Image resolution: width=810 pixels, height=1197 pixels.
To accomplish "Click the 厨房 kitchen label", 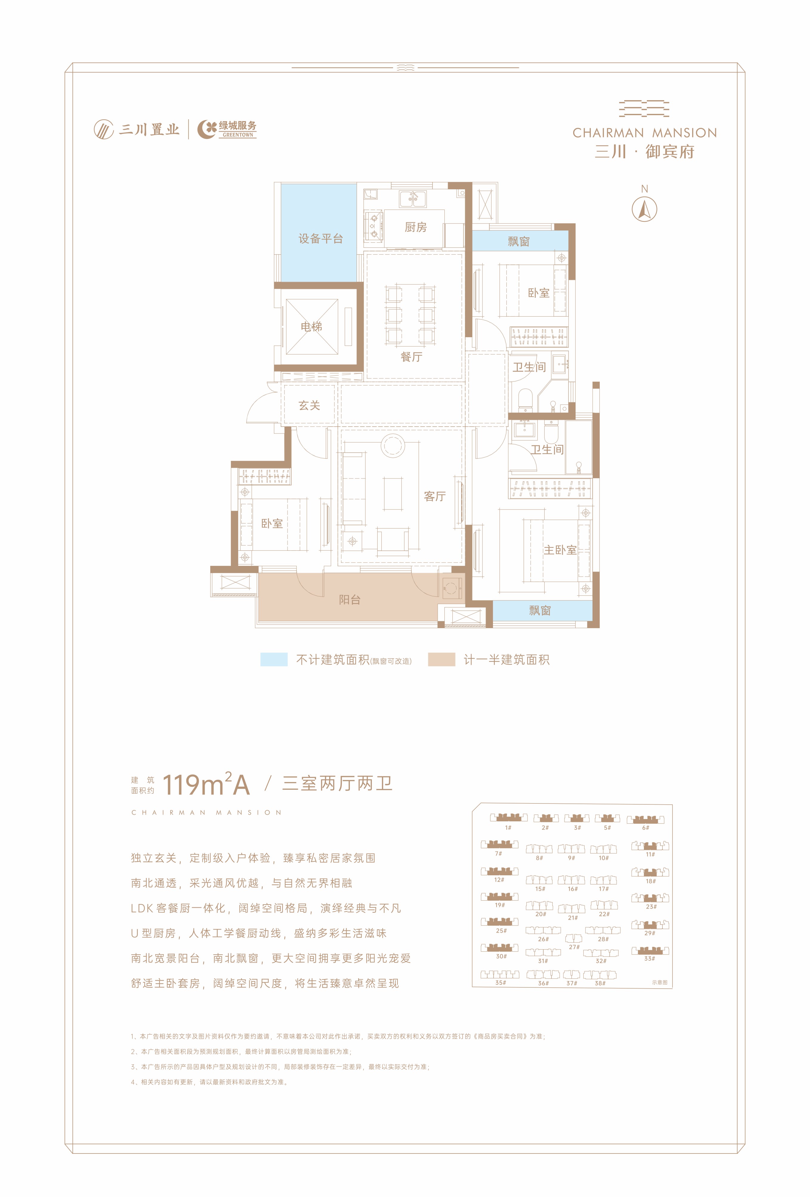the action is pos(415,227).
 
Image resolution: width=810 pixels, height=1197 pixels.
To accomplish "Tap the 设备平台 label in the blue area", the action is pos(321,239).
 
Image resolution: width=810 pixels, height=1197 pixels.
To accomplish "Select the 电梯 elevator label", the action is pos(311,326).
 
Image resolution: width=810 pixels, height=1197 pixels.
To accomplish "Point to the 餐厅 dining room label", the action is pos(411,357).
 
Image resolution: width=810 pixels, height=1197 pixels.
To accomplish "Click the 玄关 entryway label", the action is pos(309,405).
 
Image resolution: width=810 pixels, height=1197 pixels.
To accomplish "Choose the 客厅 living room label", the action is pos(434,496).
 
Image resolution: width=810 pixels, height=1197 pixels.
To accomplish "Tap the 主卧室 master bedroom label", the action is pos(560,550).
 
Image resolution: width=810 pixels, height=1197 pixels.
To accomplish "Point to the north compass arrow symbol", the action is pos(644,209).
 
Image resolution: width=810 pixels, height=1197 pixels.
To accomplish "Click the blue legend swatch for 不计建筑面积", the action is pos(273,659).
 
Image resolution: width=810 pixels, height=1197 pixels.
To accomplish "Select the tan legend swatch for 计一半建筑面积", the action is pos(442,659).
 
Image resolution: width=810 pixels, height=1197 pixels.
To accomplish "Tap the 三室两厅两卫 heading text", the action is pos(338,783).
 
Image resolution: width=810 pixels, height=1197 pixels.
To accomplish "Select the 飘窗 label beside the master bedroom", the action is pos(540,610).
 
